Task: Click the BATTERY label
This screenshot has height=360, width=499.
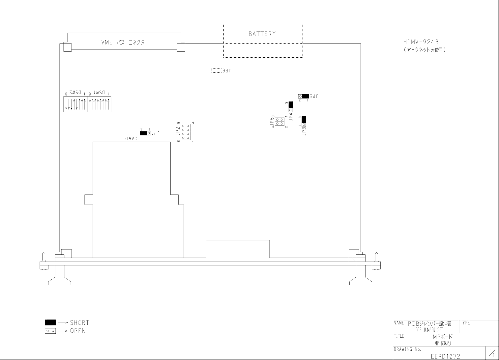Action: click(262, 34)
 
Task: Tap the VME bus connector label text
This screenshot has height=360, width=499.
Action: click(123, 42)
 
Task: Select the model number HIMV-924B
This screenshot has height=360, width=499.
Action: click(421, 42)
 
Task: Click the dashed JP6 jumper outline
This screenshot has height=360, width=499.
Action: click(217, 70)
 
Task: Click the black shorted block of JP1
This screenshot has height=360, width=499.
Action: click(144, 133)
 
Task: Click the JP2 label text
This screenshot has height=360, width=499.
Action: click(178, 131)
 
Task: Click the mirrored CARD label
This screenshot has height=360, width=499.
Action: click(131, 139)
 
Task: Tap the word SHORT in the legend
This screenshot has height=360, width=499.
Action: click(79, 323)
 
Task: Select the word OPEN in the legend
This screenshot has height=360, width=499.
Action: click(78, 331)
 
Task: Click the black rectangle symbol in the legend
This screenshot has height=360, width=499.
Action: click(50, 322)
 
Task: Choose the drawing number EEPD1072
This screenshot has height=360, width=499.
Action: click(445, 356)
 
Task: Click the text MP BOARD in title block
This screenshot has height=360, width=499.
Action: click(443, 343)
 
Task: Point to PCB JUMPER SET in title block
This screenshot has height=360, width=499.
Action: click(429, 330)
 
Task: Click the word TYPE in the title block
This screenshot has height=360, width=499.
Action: click(465, 323)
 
